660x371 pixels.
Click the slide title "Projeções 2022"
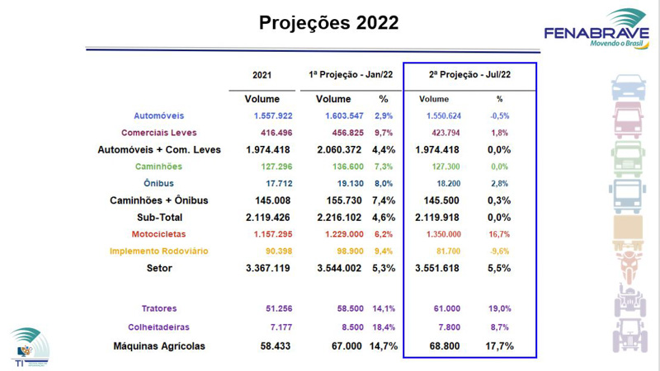[328, 22]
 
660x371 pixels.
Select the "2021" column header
[262, 75]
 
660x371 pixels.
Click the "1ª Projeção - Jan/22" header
[351, 75]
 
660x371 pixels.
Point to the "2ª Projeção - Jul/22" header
[470, 75]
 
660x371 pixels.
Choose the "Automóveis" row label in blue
[158, 115]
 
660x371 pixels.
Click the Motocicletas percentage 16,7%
[499, 234]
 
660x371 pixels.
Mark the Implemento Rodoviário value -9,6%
[499, 251]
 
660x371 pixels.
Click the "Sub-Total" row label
[159, 217]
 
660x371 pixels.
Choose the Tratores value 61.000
[445, 308]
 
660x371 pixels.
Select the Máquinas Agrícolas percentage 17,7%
[499, 346]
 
